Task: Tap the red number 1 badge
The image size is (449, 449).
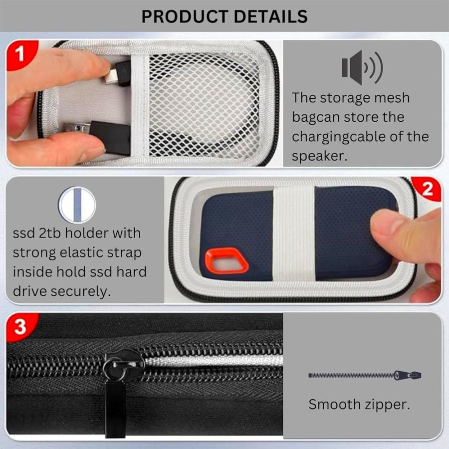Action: coord(20,54)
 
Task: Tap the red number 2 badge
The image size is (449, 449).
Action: coord(428,189)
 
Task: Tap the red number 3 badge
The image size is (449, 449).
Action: coord(20,327)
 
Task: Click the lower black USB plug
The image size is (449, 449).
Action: coord(108,135)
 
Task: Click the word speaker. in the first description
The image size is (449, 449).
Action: coord(319,156)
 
